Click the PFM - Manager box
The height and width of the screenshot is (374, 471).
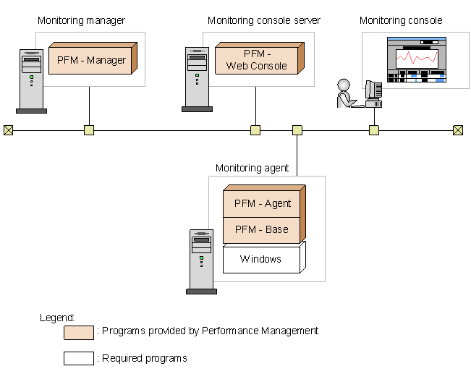click(x=91, y=60)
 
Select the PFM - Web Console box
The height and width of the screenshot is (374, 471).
click(x=255, y=60)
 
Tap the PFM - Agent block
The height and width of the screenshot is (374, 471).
click(x=262, y=203)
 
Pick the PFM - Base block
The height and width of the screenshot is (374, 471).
click(x=262, y=229)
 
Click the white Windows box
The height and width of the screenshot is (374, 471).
click(x=261, y=259)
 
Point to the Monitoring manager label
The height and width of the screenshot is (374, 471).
click(x=81, y=21)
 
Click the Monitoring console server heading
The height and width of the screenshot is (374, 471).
click(x=264, y=21)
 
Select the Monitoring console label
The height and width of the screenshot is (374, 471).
click(x=401, y=21)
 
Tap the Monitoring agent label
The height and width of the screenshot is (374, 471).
click(x=252, y=168)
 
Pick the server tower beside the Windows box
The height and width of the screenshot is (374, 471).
click(x=201, y=261)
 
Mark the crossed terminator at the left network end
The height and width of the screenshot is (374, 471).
click(x=8, y=130)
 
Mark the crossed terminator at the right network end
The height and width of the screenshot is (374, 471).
click(x=457, y=130)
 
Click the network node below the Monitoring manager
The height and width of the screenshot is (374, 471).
click(x=89, y=130)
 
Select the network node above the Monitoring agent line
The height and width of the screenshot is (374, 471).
click(x=297, y=130)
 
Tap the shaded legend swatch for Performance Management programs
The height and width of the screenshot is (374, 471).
click(x=78, y=332)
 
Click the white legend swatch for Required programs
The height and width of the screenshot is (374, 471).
click(x=78, y=358)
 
